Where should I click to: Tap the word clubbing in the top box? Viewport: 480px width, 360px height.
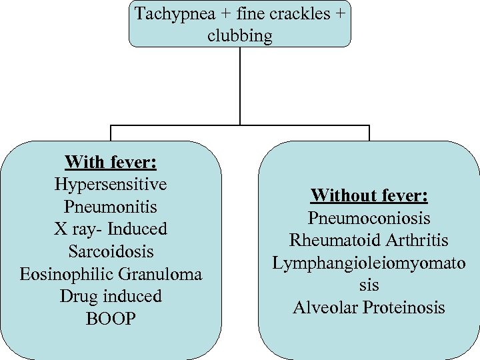tap(240, 35)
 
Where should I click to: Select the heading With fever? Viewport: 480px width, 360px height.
tap(111, 162)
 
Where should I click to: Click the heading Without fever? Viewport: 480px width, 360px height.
tap(369, 196)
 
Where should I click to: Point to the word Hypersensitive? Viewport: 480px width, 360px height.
tap(111, 184)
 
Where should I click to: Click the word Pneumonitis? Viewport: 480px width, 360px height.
tap(111, 207)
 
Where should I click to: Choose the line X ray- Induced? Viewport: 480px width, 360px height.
tap(111, 229)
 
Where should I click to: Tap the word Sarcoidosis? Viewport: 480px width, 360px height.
tap(111, 251)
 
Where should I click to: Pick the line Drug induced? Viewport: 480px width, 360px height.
tap(111, 296)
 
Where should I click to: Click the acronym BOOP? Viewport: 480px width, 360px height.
tap(111, 319)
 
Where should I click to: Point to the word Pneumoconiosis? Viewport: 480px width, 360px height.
tap(369, 218)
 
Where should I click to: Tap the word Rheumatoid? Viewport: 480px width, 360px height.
tap(329, 240)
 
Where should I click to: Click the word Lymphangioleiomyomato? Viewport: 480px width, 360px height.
tap(369, 263)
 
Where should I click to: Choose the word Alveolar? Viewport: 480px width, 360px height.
tap(324, 307)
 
